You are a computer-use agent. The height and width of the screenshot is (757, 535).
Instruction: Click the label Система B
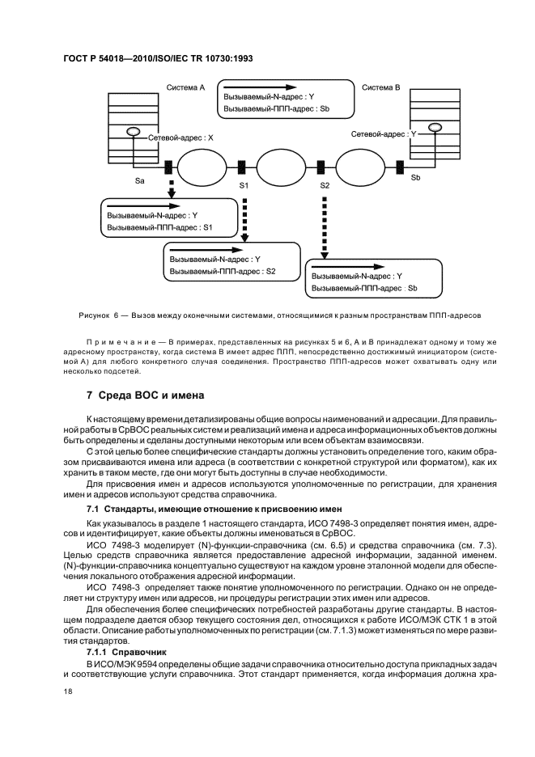tap(381, 87)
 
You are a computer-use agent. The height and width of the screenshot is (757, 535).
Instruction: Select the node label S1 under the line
tap(244, 186)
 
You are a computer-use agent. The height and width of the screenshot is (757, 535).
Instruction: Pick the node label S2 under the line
tap(325, 186)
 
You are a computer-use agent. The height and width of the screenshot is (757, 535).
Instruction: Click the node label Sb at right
tap(416, 176)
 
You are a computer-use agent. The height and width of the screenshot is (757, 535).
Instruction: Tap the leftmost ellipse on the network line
tap(202, 167)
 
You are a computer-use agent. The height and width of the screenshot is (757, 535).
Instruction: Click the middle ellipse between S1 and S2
tap(283, 167)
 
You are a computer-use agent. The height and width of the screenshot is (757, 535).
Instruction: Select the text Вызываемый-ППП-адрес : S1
tap(159, 228)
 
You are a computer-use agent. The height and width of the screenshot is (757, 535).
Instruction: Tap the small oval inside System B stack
tap(435, 126)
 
